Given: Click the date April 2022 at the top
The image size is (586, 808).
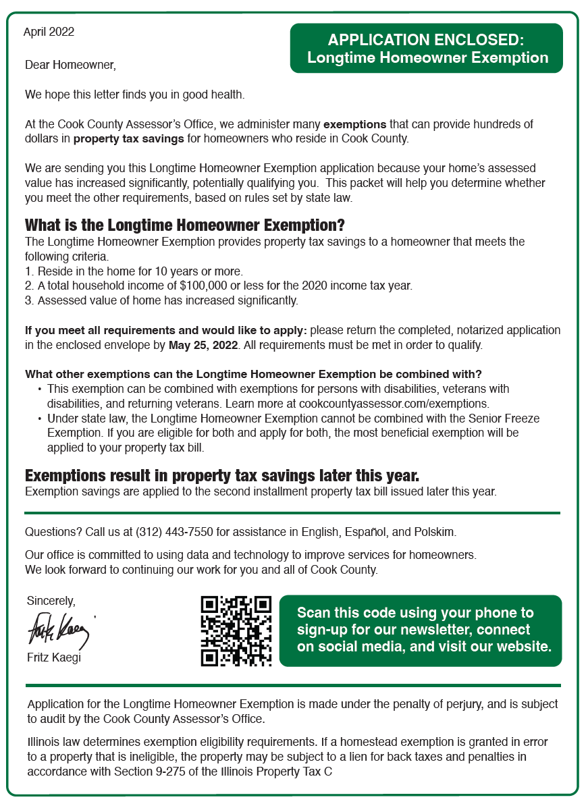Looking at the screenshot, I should [49, 32].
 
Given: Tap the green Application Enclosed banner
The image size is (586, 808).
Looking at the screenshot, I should [427, 49].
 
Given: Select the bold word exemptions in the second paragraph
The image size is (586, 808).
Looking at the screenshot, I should [355, 124].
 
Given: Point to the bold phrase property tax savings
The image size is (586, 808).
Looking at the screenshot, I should [128, 139].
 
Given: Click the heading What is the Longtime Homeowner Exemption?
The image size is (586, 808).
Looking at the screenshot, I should [185, 225].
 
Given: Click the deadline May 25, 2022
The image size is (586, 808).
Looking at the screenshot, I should [203, 345].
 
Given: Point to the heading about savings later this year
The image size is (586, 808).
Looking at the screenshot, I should [222, 475].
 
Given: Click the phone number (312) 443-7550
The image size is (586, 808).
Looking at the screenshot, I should [174, 532].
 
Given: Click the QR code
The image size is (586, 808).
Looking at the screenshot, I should [236, 630].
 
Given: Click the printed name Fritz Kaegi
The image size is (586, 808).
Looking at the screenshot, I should [53, 657].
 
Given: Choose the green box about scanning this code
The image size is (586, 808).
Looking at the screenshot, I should [420, 630].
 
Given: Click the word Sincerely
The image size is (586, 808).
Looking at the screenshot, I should [51, 600].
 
